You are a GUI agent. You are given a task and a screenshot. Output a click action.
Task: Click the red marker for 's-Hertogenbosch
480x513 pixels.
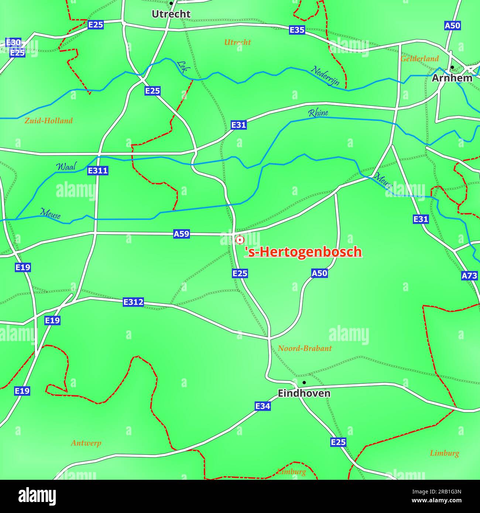240,240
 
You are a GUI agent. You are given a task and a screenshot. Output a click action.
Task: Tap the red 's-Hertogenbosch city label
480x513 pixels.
303,252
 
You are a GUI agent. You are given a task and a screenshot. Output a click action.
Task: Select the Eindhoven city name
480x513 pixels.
304,393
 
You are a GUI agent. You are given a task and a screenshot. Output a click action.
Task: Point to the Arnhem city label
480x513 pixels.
452,78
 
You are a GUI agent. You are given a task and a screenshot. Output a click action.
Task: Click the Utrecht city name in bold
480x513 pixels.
171,14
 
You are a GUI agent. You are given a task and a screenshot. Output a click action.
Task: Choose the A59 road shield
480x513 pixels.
181,234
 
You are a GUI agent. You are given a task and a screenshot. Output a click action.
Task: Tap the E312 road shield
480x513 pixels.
133,302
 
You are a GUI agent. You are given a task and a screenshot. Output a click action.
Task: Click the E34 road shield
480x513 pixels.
263,406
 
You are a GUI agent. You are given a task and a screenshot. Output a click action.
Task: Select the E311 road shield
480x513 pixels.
98,171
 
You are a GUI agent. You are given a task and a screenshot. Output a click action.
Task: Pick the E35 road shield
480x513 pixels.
297,30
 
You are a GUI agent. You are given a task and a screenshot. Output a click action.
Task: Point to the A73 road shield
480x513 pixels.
470,275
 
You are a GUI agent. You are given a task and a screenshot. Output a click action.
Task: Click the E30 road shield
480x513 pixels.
13,42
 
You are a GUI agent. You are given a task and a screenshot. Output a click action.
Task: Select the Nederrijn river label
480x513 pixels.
325,76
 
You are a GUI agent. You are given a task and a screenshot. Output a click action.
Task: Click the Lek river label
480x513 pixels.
182,67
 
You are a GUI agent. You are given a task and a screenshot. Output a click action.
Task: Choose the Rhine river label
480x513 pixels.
318,113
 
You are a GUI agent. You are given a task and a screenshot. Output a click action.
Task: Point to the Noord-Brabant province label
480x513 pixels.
305,348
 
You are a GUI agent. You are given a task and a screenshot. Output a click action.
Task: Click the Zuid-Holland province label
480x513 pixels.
48,120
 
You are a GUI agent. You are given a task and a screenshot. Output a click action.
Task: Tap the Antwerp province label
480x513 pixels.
86,443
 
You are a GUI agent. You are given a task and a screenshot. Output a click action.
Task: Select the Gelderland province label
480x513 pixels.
419,58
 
